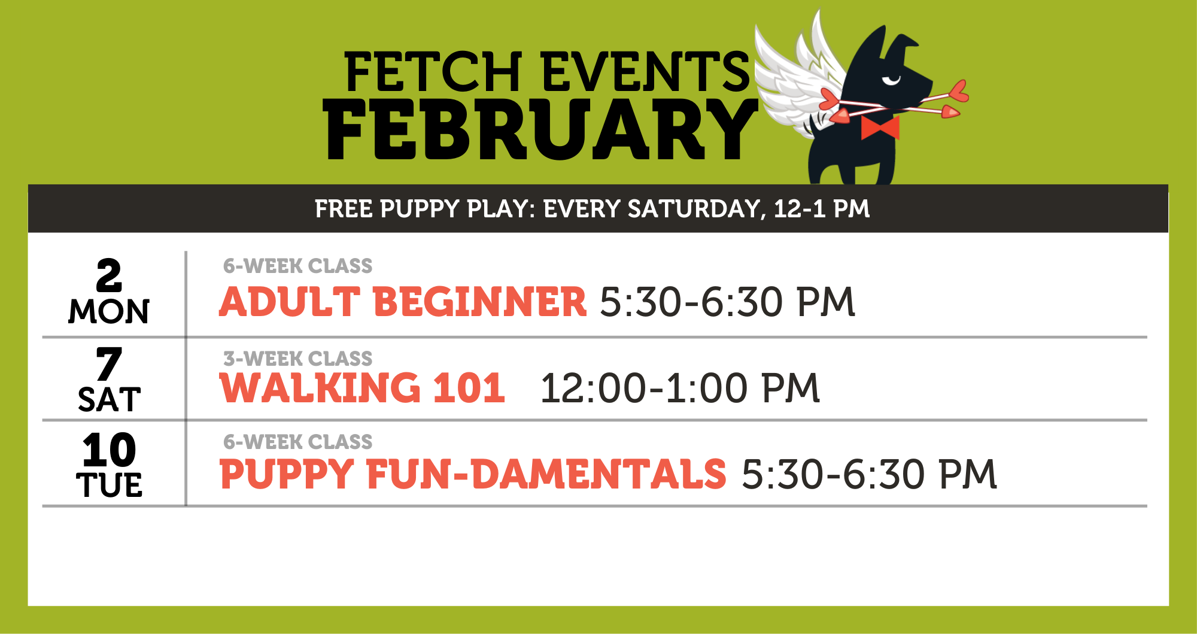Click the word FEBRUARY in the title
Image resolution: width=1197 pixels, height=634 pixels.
[540, 130]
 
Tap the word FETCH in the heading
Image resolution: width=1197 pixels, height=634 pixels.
[434, 72]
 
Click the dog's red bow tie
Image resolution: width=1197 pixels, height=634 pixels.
[880, 128]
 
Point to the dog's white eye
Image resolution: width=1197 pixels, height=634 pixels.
[891, 80]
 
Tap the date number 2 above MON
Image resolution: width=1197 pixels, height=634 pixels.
[109, 275]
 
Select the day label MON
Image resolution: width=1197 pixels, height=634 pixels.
[109, 311]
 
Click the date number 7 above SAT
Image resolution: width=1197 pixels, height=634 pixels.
[109, 363]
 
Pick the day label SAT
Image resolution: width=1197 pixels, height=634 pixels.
[110, 399]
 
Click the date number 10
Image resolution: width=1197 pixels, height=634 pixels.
[110, 450]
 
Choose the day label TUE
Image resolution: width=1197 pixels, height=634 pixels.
[110, 485]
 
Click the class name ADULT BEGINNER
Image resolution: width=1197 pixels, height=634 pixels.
[403, 301]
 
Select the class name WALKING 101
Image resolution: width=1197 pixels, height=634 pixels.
[363, 387]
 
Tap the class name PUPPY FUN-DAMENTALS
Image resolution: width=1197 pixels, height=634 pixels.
[473, 474]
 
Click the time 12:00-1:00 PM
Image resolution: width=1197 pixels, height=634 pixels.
[680, 388]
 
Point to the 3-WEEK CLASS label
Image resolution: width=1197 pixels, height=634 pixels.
[297, 359]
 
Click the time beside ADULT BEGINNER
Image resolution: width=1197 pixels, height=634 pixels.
[727, 301]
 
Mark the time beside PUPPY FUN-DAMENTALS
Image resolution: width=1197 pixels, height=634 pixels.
[870, 474]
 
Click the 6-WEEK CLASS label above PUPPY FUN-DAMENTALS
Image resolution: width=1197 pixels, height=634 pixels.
[297, 442]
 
